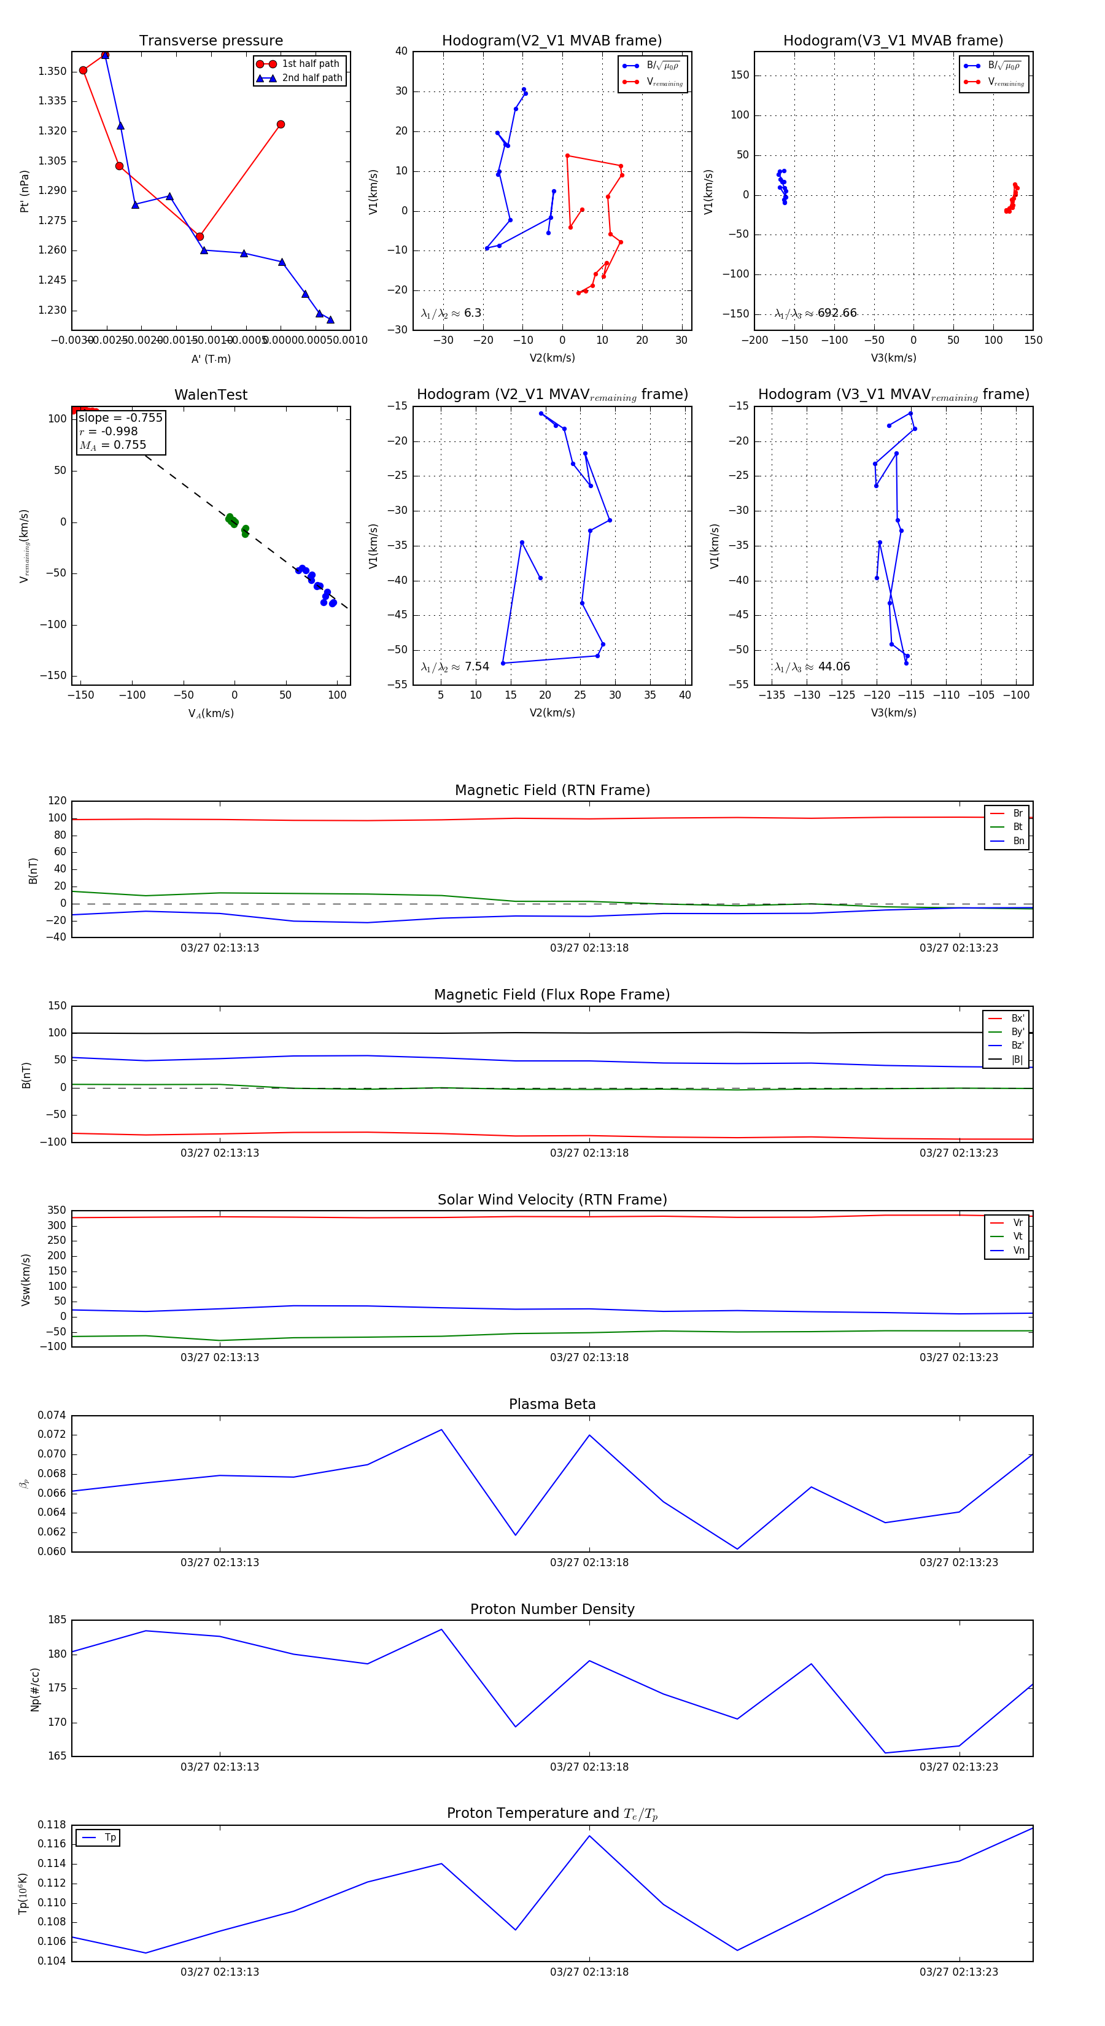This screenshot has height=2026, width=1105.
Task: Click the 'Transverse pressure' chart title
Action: tap(211, 41)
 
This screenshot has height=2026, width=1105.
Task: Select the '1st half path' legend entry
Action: tap(310, 64)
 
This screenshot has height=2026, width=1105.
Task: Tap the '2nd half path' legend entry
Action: tap(311, 78)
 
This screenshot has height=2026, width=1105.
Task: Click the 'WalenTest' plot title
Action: tap(211, 395)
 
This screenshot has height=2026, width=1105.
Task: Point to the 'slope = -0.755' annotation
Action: tap(120, 417)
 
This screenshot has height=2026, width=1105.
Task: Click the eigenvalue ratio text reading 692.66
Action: tap(836, 313)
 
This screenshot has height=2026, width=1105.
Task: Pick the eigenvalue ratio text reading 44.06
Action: tap(834, 667)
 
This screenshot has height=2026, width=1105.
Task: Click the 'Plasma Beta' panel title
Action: tap(552, 1405)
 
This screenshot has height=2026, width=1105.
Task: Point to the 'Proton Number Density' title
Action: tap(552, 1609)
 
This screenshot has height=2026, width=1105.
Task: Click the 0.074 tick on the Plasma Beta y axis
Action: tap(52, 1416)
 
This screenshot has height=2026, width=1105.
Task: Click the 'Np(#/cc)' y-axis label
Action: tap(34, 1688)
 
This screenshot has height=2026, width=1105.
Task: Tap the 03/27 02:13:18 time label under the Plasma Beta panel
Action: tap(589, 1562)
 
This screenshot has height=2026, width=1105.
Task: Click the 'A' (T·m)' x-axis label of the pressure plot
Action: tap(211, 359)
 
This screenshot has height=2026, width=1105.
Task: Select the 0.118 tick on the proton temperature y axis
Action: tap(52, 1825)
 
